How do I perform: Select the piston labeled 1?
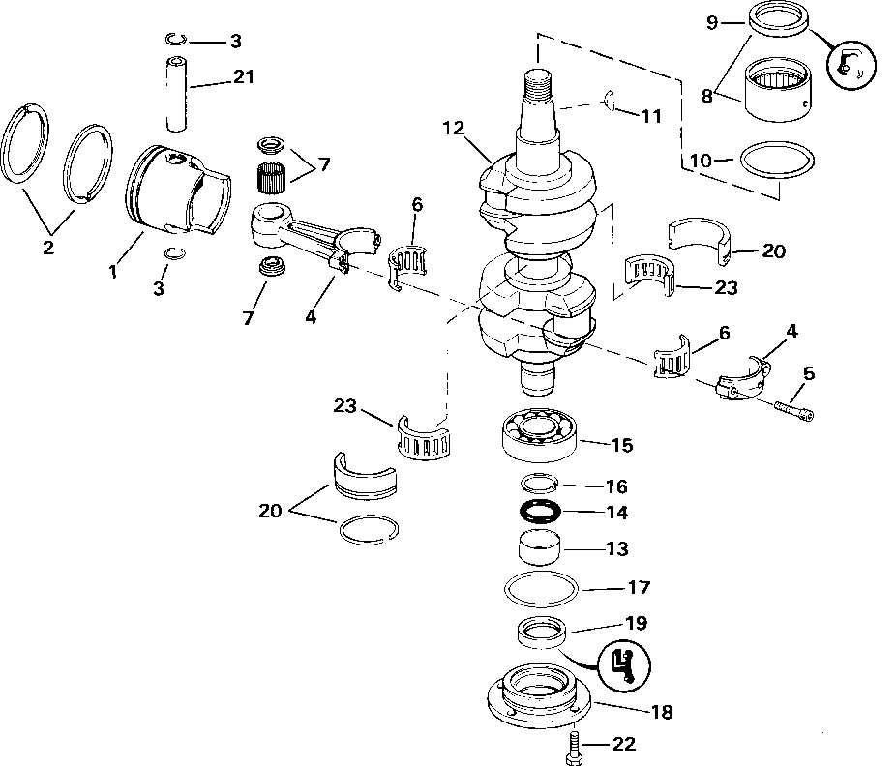(x=174, y=193)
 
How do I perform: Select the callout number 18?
(x=662, y=713)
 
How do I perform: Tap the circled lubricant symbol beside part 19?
(x=625, y=664)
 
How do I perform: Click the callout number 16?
(x=615, y=486)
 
